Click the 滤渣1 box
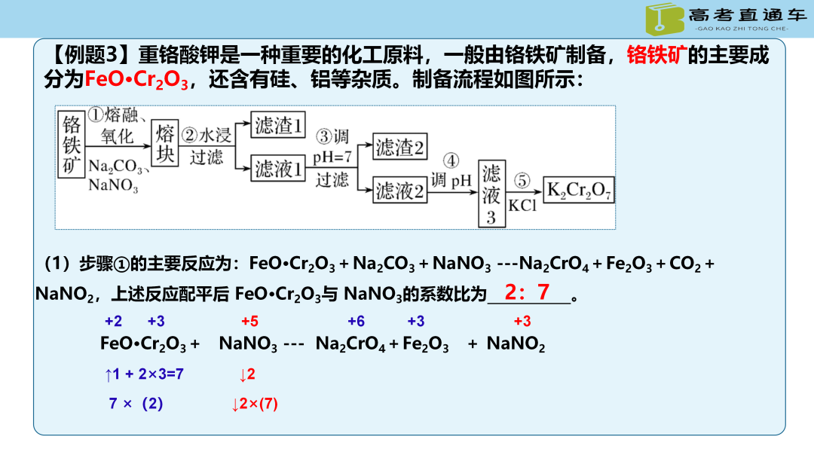[279, 125]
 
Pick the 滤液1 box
[279, 169]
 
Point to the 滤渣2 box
[399, 147]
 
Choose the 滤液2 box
[400, 191]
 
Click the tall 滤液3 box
[491, 194]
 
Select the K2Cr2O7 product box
[579, 191]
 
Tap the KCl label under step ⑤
[522, 205]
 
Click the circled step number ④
[451, 160]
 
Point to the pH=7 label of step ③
[332, 157]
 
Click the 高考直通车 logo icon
[664, 19]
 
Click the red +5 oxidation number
[249, 322]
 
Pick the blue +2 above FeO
[113, 322]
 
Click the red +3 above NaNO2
[522, 322]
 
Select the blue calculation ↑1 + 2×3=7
[144, 374]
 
